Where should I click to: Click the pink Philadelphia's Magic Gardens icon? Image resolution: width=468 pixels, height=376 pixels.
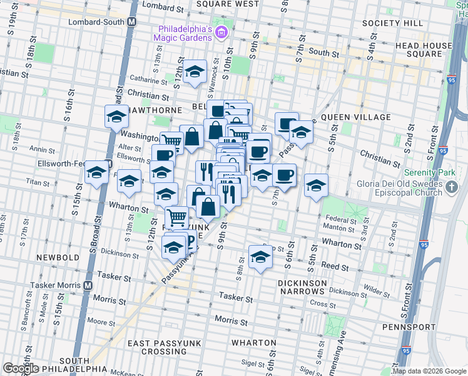[220, 33]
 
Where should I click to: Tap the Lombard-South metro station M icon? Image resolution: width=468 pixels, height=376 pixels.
[132, 21]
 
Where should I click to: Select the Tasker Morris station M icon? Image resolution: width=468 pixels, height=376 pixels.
[88, 285]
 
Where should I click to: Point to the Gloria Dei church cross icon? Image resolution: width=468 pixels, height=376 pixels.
[452, 185]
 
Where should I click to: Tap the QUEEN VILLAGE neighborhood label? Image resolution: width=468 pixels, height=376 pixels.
[355, 117]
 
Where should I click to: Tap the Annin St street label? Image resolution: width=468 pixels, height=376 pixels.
[43, 150]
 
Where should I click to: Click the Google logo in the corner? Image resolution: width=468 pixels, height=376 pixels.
[21, 368]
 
